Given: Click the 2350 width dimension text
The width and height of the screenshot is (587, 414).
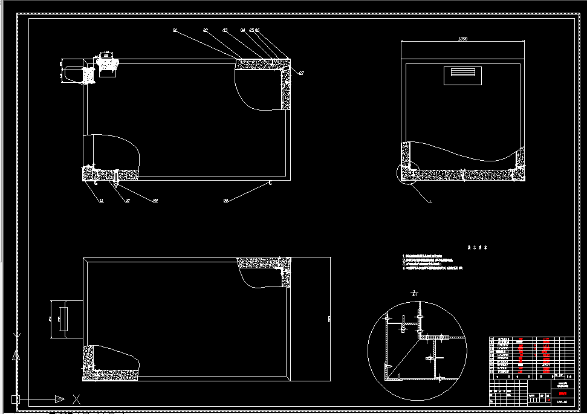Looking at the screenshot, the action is tap(462, 39).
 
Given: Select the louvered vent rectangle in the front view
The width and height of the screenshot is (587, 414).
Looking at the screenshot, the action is tap(462, 76).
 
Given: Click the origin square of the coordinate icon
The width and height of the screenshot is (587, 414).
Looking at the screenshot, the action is tap(15, 399).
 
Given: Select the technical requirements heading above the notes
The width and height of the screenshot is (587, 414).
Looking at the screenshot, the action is tap(477, 248).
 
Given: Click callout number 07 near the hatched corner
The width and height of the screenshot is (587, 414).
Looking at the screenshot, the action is tap(301, 73).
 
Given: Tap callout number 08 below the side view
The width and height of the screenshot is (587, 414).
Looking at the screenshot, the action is tap(225, 200).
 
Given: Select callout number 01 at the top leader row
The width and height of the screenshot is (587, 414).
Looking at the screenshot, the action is tap(174, 30).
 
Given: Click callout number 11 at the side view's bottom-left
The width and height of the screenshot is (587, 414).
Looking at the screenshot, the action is tap(101, 200).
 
